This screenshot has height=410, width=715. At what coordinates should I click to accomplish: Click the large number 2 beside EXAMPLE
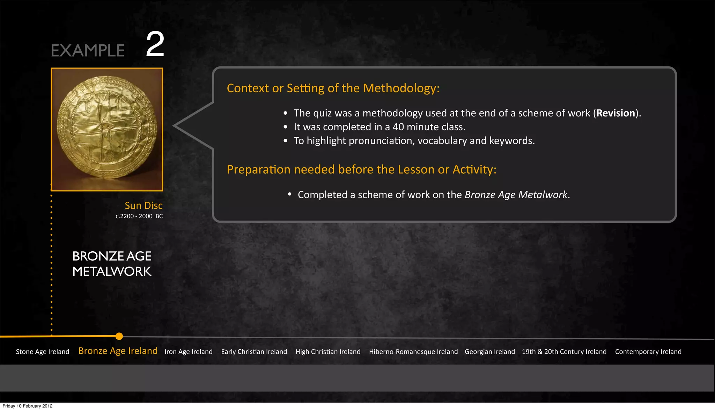155,44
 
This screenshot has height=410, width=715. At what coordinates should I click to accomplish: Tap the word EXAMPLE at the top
88,51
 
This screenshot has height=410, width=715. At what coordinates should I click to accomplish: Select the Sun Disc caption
143,206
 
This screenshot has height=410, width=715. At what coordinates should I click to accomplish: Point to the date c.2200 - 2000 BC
139,216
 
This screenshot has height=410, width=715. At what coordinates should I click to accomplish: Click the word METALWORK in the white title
112,272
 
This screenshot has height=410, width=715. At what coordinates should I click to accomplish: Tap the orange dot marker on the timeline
119,336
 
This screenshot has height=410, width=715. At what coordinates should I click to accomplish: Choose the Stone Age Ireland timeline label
43,352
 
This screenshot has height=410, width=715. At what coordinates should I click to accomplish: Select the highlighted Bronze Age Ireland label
118,351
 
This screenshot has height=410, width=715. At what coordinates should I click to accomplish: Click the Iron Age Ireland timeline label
189,352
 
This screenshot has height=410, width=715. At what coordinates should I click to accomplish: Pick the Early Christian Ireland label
254,352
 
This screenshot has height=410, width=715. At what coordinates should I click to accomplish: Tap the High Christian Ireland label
328,352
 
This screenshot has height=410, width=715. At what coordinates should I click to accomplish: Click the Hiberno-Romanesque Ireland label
413,352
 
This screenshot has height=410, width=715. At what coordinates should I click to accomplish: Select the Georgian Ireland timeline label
490,352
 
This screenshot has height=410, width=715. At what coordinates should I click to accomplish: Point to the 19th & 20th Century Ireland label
564,352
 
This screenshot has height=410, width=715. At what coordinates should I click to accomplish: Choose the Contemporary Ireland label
648,352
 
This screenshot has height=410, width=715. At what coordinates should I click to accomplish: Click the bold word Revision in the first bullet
616,113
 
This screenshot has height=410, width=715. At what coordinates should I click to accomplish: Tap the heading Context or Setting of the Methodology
333,88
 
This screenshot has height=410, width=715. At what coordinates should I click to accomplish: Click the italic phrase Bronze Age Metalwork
516,195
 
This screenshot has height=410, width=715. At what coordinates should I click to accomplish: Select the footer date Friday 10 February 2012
28,406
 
